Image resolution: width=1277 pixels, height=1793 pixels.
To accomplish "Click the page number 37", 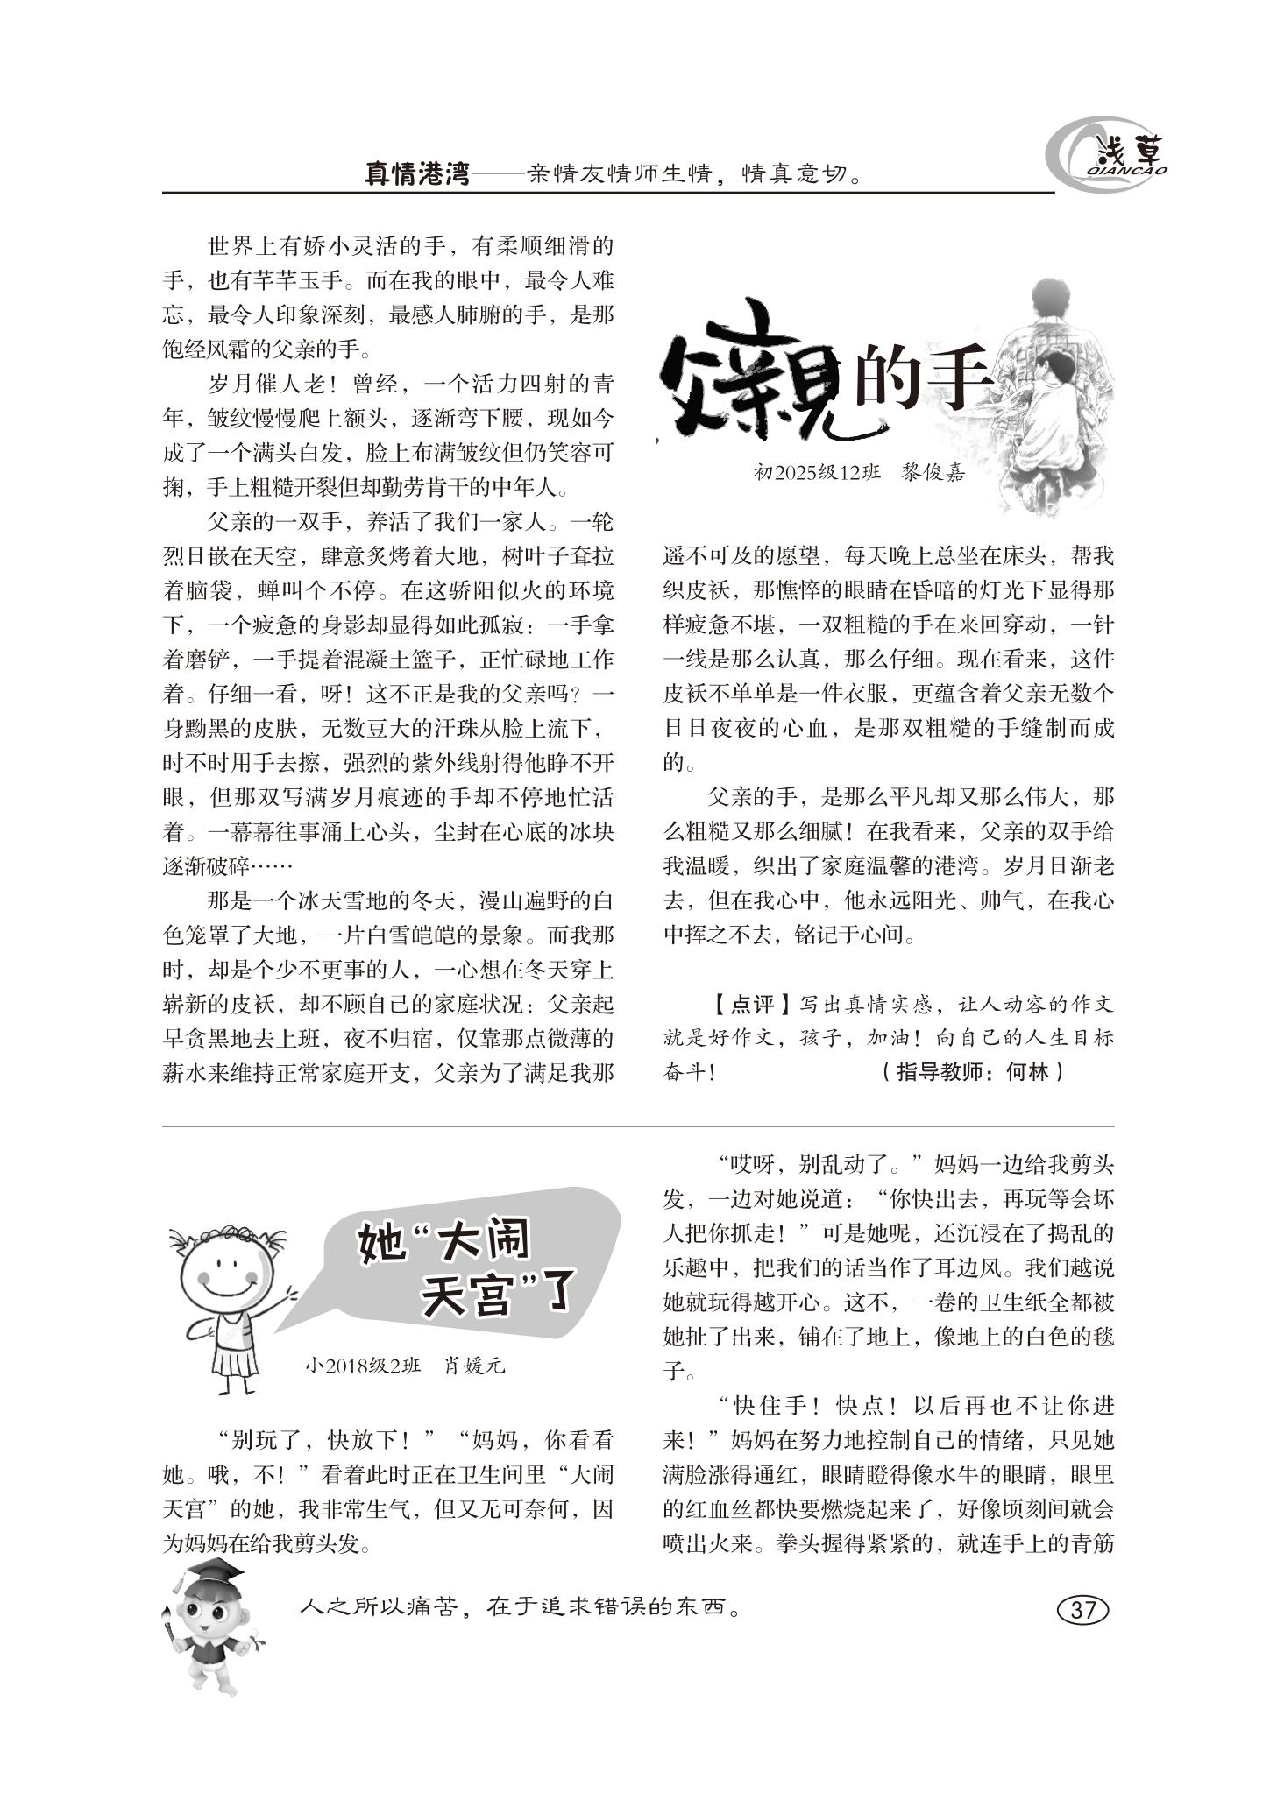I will click(x=1083, y=1610).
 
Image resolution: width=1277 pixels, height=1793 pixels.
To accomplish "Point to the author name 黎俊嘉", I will click(x=933, y=473).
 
